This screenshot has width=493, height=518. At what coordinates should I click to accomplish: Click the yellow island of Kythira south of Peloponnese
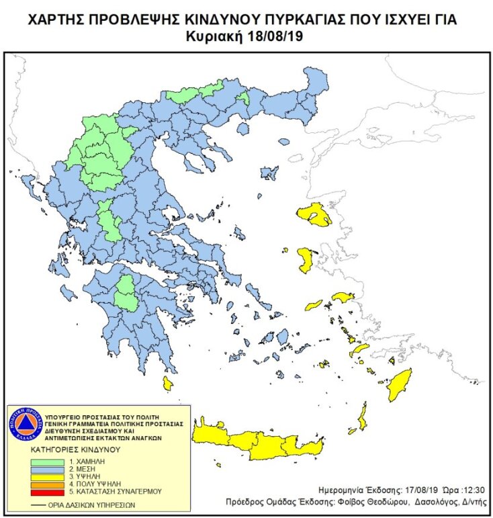click(x=168, y=384)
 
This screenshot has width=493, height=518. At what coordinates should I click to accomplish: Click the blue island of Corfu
click(x=28, y=182)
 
